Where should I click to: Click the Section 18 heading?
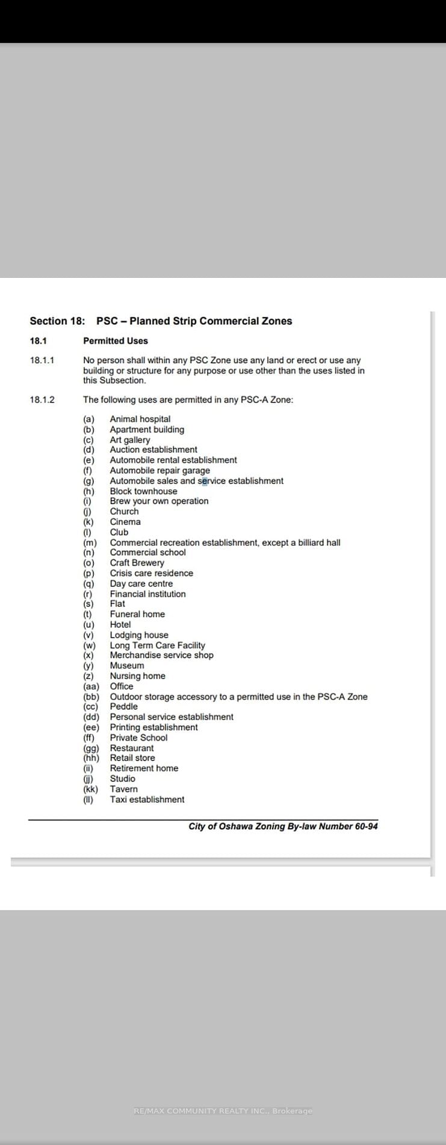click(161, 321)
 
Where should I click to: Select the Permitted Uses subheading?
click(115, 341)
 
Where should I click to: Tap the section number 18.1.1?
click(42, 360)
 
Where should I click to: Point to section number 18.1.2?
click(42, 400)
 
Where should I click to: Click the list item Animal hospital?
click(140, 419)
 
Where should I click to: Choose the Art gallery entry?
click(129, 440)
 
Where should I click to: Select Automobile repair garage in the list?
click(160, 471)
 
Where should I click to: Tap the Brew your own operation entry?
click(159, 501)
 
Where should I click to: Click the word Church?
click(124, 511)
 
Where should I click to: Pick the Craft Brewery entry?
click(137, 563)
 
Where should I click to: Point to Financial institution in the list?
click(147, 594)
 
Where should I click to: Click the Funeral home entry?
click(137, 614)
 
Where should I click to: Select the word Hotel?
click(120, 624)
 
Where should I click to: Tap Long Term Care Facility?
click(157, 645)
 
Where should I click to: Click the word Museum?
click(126, 666)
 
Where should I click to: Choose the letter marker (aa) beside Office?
click(91, 686)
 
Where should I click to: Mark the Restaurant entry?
click(131, 748)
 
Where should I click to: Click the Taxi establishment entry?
click(147, 800)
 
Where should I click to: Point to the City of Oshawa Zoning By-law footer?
click(283, 826)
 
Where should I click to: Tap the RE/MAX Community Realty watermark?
click(223, 1111)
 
